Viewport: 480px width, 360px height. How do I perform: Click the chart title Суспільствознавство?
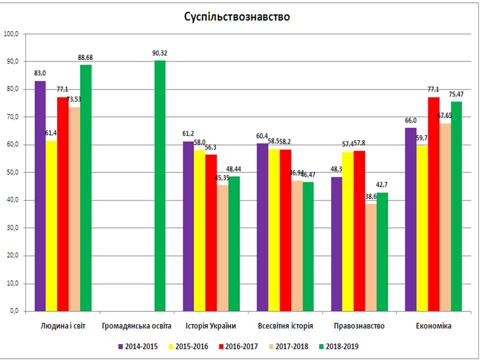pyautogui.click(x=237, y=16)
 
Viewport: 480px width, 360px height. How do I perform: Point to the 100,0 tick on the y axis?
pyautogui.click(x=11, y=34)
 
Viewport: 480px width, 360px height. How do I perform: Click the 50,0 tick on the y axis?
pyautogui.click(x=11, y=172)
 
